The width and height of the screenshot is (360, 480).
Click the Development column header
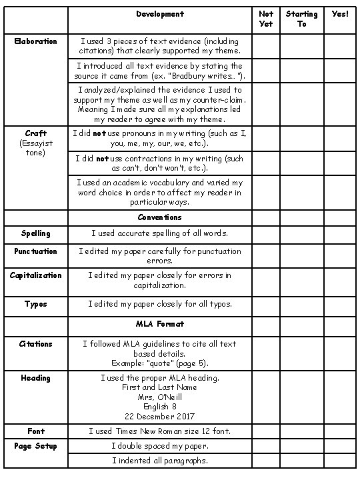click(x=159, y=14)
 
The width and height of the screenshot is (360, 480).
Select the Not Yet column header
click(x=265, y=19)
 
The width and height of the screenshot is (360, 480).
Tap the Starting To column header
click(x=301, y=19)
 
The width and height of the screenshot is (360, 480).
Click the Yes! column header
click(x=340, y=14)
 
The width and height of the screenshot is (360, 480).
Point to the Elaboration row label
click(x=36, y=41)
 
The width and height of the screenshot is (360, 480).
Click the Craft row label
click(x=36, y=133)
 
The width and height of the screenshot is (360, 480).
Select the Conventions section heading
click(x=159, y=217)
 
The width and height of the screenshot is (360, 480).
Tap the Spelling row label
click(x=36, y=234)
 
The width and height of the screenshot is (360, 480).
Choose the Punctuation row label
click(x=36, y=251)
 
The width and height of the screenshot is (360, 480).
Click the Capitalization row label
click(x=36, y=275)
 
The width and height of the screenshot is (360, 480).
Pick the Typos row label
click(x=36, y=304)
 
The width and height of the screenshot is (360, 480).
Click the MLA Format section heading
click(x=159, y=324)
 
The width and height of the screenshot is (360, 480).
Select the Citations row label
click(x=36, y=344)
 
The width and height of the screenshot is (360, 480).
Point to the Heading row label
click(x=36, y=378)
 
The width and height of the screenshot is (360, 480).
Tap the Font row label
click(x=36, y=431)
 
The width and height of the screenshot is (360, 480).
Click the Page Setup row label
click(x=36, y=446)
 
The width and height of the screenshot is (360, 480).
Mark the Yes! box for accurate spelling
click(x=340, y=234)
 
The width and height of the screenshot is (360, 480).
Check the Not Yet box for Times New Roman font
click(x=265, y=431)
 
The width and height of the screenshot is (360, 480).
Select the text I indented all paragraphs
click(x=159, y=461)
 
